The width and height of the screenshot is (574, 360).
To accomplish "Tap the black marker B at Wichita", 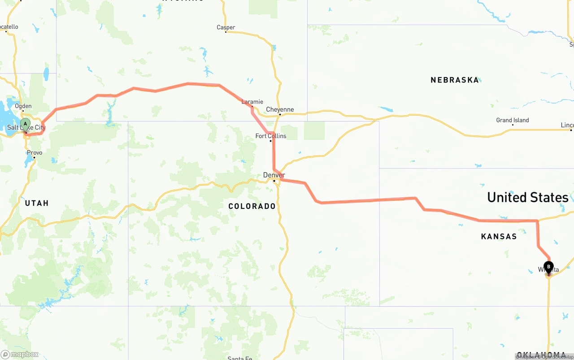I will (x=548, y=267).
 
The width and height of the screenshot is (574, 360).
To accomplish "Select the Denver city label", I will (x=274, y=175).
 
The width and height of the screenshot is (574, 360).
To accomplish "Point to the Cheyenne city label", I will (x=280, y=109).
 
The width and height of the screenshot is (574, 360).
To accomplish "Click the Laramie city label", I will (x=252, y=102).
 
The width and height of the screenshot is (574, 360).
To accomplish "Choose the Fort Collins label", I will (x=270, y=136).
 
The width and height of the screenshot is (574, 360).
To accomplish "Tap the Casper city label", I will (x=226, y=27).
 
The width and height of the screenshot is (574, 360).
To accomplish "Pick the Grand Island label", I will (x=512, y=120).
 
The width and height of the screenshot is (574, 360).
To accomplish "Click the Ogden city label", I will (x=23, y=106).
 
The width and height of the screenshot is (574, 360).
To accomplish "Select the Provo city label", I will (x=35, y=152).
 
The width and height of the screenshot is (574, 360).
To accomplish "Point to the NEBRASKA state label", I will (x=455, y=80).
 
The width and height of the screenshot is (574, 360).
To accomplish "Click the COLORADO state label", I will (x=252, y=206).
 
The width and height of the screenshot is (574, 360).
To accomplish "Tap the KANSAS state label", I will (x=499, y=236).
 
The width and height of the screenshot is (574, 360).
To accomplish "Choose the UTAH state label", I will (x=37, y=203).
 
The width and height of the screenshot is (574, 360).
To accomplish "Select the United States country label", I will (x=527, y=197).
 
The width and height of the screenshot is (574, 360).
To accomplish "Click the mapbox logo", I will (x=20, y=354).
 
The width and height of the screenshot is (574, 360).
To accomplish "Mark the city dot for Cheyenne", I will (x=279, y=114).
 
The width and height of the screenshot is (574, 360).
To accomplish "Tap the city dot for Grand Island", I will (x=513, y=125).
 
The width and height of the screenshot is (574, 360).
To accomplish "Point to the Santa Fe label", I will (x=239, y=358).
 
